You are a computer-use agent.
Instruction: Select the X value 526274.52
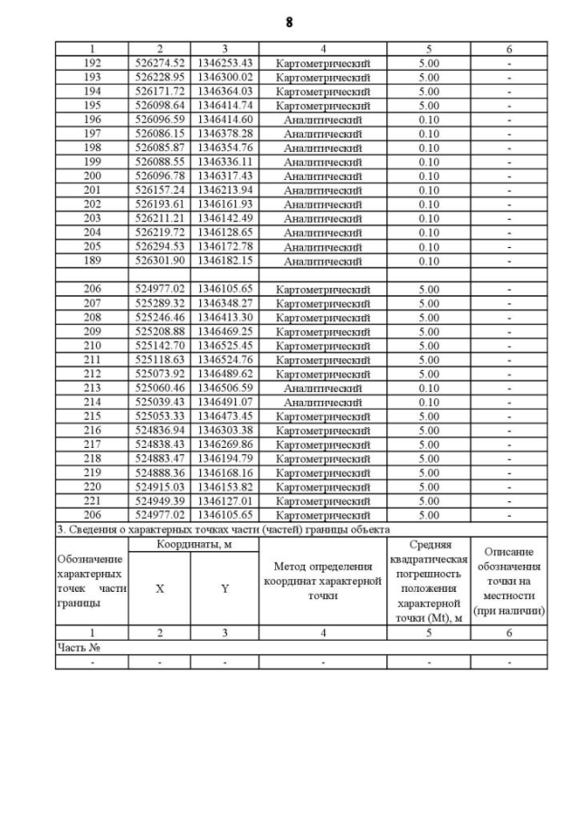pyautogui.click(x=160, y=63)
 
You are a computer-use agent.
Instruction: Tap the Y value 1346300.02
pyautogui.click(x=224, y=77)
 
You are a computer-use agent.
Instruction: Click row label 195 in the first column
pyautogui.click(x=92, y=106)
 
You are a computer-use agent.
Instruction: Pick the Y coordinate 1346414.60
pyautogui.click(x=224, y=119)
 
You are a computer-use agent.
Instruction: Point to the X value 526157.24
pyautogui.click(x=160, y=190)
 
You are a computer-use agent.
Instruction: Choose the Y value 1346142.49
pyautogui.click(x=224, y=218)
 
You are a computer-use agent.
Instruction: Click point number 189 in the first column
pyautogui.click(x=92, y=261)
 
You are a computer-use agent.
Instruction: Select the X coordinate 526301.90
pyautogui.click(x=160, y=261)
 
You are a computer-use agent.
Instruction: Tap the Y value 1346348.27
pyautogui.click(x=224, y=303)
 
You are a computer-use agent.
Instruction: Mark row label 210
pyautogui.click(x=92, y=346)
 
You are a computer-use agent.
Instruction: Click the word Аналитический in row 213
pyautogui.click(x=323, y=387)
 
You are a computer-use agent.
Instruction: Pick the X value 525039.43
pyautogui.click(x=160, y=402)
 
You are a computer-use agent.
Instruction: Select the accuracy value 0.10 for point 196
pyautogui.click(x=429, y=119)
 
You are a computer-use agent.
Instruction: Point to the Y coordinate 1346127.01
pyautogui.click(x=224, y=500)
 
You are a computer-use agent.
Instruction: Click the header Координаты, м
pyautogui.click(x=193, y=544)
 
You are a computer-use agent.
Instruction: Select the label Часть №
pyautogui.click(x=78, y=648)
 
